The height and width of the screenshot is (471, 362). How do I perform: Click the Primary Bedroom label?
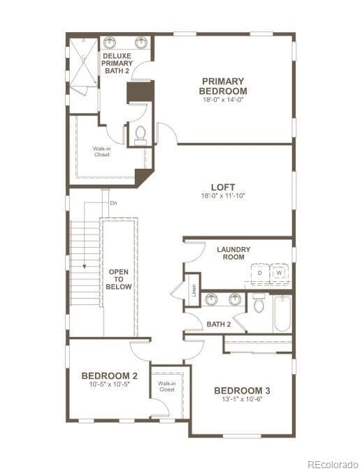(x=222, y=86)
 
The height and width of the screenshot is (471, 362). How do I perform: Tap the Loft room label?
(x=223, y=187)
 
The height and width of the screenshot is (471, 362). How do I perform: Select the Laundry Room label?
(x=233, y=253)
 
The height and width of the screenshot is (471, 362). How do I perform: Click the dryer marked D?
(x=259, y=274)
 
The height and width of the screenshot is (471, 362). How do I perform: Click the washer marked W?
(x=279, y=274)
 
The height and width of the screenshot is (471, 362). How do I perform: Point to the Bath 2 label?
(x=218, y=324)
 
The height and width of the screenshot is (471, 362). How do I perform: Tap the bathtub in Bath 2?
(x=282, y=314)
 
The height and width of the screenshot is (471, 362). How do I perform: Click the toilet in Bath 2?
(x=259, y=304)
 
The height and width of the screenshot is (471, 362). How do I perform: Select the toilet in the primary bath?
(x=140, y=133)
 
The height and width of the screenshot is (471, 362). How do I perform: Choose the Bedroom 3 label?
(x=242, y=390)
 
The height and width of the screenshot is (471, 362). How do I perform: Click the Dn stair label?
(x=113, y=203)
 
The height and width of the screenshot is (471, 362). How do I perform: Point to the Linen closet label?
(x=194, y=290)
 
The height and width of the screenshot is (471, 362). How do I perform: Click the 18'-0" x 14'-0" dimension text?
(x=223, y=100)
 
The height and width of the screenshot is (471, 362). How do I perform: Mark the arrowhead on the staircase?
(x=83, y=266)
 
